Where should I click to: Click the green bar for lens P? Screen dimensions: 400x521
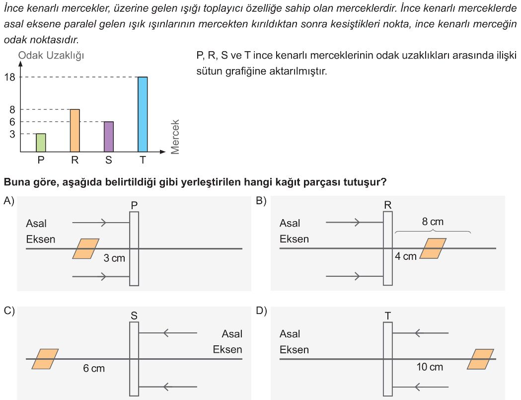(41, 143)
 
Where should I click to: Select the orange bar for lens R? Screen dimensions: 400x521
(74, 130)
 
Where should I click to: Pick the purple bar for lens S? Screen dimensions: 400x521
(108, 137)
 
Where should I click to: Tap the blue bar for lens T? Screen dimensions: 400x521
(143, 114)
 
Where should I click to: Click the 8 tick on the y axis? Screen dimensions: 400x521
(12, 110)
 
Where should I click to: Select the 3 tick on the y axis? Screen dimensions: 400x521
(12, 134)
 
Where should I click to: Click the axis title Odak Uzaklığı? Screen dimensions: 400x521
(51, 56)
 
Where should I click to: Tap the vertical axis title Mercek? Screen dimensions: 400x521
(175, 137)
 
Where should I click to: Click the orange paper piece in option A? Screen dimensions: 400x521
(85, 248)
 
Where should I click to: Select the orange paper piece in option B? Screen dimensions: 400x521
(433, 248)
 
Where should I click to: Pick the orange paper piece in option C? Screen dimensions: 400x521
(45, 359)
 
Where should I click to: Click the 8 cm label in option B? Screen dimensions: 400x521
(432, 222)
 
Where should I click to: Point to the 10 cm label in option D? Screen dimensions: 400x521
(430, 367)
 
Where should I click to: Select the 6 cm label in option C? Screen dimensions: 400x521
(94, 368)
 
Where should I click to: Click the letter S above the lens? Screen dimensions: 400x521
(134, 315)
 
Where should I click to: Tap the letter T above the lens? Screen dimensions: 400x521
(388, 315)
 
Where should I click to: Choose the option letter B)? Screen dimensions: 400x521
(261, 201)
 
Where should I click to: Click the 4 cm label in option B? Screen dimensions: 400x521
(406, 256)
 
